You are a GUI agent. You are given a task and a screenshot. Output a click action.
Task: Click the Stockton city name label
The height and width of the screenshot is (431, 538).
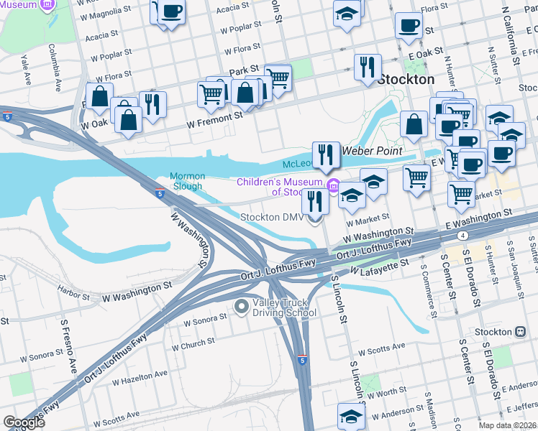click(x=406, y=79)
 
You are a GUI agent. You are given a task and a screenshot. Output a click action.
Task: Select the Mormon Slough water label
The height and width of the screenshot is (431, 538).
click(x=188, y=182)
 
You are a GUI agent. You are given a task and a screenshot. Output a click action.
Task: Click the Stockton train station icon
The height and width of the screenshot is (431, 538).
click(x=520, y=333)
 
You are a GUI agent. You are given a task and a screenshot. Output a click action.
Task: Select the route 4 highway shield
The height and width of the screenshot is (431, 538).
click(x=464, y=235)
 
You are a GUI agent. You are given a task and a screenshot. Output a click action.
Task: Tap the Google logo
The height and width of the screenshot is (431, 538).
click(x=24, y=422)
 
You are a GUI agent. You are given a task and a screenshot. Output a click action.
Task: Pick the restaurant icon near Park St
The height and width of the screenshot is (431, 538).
click(x=368, y=67)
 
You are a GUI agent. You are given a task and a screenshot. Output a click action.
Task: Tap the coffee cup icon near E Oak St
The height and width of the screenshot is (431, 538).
click(x=409, y=26)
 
